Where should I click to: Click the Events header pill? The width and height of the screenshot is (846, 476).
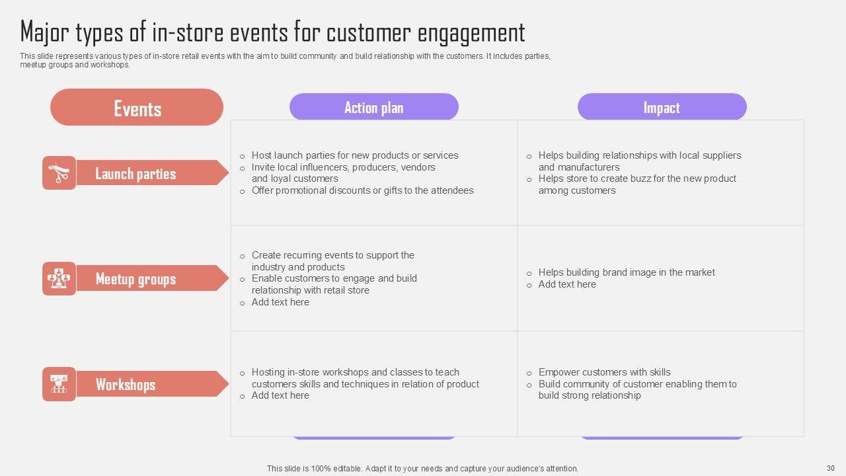[137, 108]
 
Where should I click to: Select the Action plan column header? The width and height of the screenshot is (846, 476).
[373, 107]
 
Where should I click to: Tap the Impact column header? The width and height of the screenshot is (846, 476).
[662, 107]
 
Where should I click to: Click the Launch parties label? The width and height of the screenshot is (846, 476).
[135, 173]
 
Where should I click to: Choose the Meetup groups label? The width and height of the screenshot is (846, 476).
[135, 278]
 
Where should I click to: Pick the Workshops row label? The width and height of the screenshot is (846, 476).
[126, 384]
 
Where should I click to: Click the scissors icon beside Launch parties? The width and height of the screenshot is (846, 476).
[59, 173]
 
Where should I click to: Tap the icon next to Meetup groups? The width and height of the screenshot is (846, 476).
[59, 278]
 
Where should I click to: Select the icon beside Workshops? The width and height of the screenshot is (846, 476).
[59, 384]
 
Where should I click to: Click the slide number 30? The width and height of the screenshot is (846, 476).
[831, 468]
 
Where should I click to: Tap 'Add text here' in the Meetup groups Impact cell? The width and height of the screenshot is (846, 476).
[566, 284]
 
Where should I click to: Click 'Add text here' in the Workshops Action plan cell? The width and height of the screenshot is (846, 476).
[280, 395]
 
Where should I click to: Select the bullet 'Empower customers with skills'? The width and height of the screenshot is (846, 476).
[604, 372]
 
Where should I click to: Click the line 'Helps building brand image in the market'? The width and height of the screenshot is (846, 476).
[626, 272]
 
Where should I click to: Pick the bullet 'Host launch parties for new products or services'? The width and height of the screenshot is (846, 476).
[354, 155]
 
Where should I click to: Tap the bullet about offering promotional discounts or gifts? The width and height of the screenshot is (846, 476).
[362, 190]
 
